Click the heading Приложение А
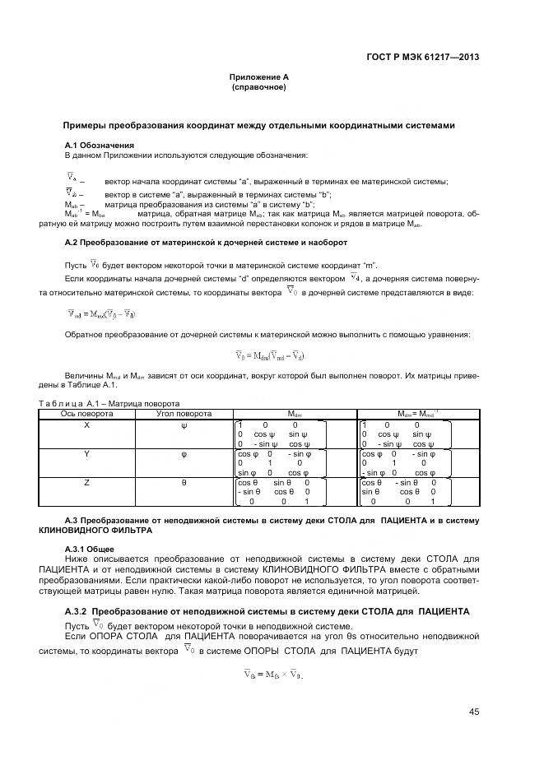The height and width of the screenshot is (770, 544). tap(258, 77)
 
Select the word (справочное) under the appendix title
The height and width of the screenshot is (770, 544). tap(258, 86)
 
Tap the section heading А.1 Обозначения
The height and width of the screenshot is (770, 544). tap(99, 145)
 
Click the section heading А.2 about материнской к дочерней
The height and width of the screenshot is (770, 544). tap(206, 243)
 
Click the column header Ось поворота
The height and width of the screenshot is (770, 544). tap(87, 414)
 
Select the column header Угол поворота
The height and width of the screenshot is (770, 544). tap(184, 414)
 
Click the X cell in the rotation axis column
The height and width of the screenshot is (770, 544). tap(87, 424)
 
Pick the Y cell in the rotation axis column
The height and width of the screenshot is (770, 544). tap(87, 453)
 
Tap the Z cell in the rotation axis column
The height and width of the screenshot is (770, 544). tap(87, 483)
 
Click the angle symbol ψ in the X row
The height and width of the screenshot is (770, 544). tap(184, 424)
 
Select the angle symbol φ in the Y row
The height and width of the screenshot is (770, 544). tap(184, 453)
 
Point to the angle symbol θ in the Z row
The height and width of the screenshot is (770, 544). tap(184, 483)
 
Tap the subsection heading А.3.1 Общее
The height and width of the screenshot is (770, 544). tap(91, 548)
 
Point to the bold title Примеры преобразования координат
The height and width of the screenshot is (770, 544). tap(258, 126)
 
